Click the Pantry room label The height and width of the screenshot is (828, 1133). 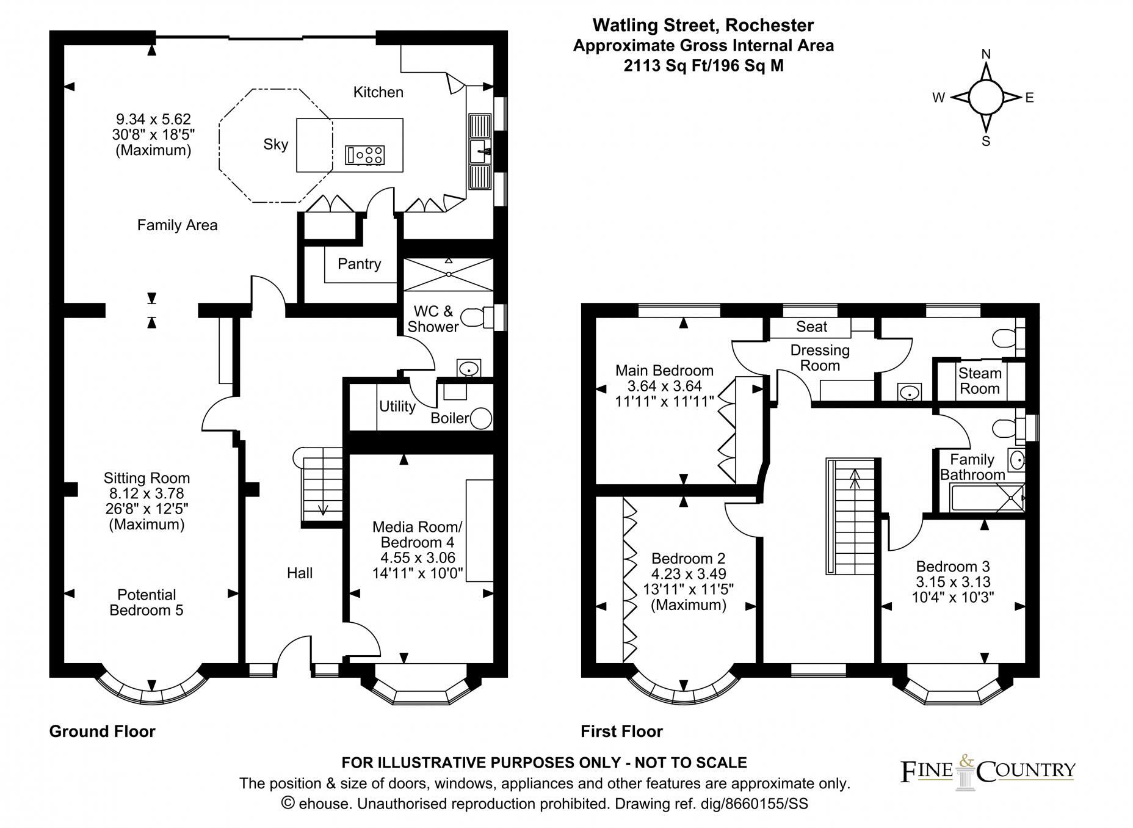coord(359,264)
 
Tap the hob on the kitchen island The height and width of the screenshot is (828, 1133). coord(365,154)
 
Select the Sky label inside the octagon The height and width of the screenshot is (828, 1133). coord(275,145)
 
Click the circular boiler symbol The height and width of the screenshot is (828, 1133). coord(482,418)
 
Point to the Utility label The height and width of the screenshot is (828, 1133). coord(397,406)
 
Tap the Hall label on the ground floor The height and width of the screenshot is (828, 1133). coord(300,573)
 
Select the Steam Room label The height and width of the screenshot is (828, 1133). coord(979,381)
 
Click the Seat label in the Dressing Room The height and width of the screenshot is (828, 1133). coord(811,327)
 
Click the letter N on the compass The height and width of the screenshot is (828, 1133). coord(985,54)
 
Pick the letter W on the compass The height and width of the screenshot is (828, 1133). coord(938,98)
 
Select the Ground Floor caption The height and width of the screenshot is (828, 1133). coord(102,731)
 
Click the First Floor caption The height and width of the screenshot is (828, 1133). coord(621,731)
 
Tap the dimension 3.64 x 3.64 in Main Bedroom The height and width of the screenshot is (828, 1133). coord(664,386)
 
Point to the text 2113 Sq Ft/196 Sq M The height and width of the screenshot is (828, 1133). coord(703,66)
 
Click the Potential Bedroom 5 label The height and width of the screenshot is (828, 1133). coord(147,602)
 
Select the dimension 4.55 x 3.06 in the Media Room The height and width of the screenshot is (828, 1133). coord(418,557)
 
